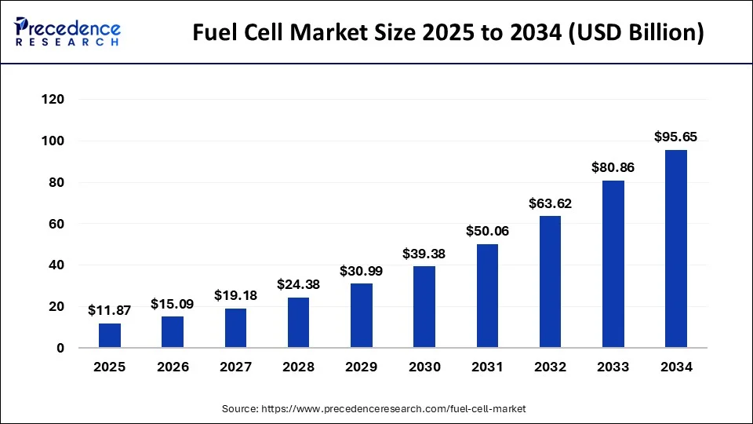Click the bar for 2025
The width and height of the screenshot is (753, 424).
click(x=110, y=335)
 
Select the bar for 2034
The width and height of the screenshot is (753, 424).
click(x=676, y=249)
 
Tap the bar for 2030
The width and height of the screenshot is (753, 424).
click(x=424, y=307)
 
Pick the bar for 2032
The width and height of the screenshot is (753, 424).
click(x=550, y=282)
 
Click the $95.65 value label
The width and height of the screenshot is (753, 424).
click(x=676, y=137)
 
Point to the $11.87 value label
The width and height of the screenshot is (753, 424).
click(x=110, y=310)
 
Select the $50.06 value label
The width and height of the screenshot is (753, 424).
click(x=487, y=231)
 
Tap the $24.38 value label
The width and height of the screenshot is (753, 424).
click(x=299, y=284)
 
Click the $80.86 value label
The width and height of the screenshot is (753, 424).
click(x=613, y=167)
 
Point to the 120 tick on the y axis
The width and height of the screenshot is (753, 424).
click(x=53, y=100)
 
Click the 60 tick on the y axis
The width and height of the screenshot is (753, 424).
click(x=57, y=224)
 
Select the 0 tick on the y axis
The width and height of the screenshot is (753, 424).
click(x=60, y=348)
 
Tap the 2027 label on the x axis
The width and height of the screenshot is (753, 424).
click(x=235, y=367)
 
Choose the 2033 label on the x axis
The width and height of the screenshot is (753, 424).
click(x=613, y=367)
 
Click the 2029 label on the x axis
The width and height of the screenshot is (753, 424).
click(x=362, y=367)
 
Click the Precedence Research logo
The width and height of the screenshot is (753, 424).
click(x=67, y=31)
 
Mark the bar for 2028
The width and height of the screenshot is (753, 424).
click(x=299, y=323)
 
